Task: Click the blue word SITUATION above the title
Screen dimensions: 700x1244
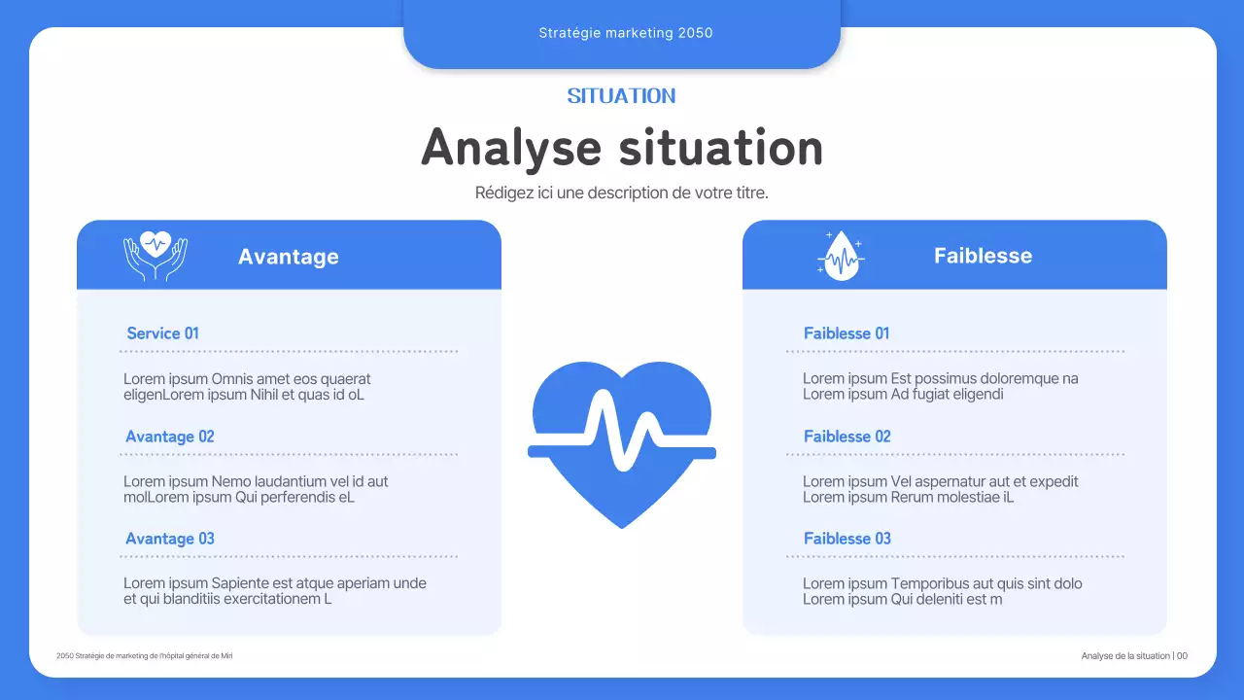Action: point(621,95)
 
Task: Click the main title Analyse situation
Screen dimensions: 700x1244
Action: point(622,148)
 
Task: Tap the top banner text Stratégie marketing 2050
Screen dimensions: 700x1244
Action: point(625,33)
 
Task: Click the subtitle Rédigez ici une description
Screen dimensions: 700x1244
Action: point(621,192)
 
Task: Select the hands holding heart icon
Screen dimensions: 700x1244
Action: point(155,256)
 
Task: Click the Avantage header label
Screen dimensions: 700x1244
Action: point(289,257)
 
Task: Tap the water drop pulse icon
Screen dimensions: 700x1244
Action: point(840,257)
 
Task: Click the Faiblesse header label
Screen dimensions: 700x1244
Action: point(983,256)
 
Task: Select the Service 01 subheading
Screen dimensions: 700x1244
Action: point(162,333)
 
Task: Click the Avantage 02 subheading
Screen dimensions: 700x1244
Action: point(170,437)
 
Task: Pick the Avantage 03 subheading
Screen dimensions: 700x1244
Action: point(170,539)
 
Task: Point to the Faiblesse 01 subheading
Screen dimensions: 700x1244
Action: point(847,333)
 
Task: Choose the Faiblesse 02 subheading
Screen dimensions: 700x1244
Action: point(847,437)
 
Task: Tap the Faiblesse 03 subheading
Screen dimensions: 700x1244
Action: point(847,539)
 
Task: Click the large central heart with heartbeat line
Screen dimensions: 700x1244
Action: point(622,442)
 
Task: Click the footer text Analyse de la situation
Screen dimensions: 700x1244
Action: point(1125,656)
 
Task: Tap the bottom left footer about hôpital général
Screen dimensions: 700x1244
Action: point(145,656)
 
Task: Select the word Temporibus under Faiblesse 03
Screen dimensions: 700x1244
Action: point(929,583)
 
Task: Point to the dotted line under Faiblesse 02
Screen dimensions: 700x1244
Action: point(955,454)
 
